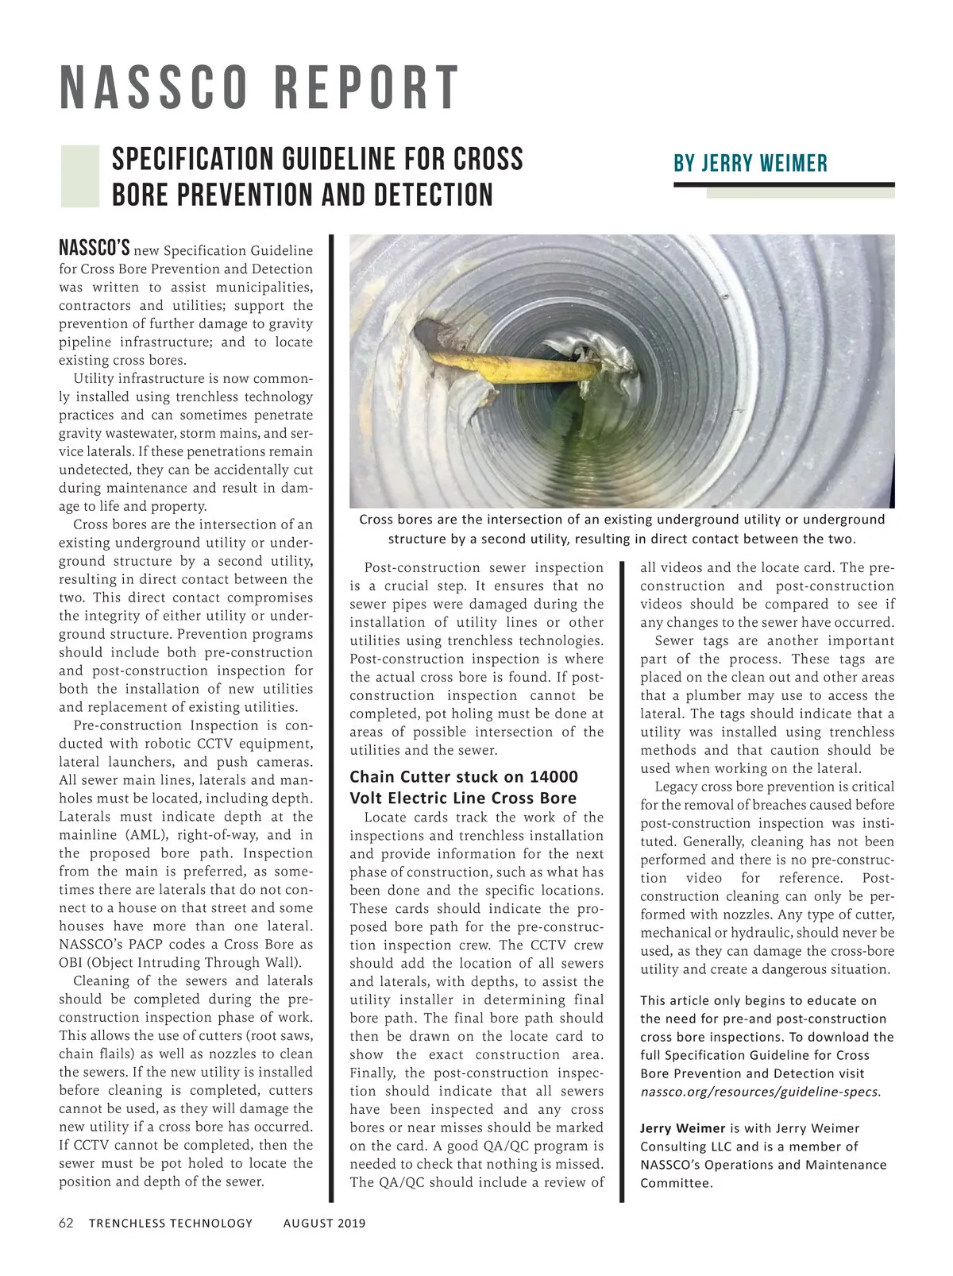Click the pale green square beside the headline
[79, 176]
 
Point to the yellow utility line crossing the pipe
[516, 368]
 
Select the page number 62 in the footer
[66, 1223]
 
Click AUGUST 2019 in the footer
[324, 1223]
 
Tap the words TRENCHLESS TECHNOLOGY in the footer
[171, 1223]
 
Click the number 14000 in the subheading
[551, 777]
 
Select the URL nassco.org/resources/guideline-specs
[760, 1092]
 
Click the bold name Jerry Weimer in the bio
[683, 1128]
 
